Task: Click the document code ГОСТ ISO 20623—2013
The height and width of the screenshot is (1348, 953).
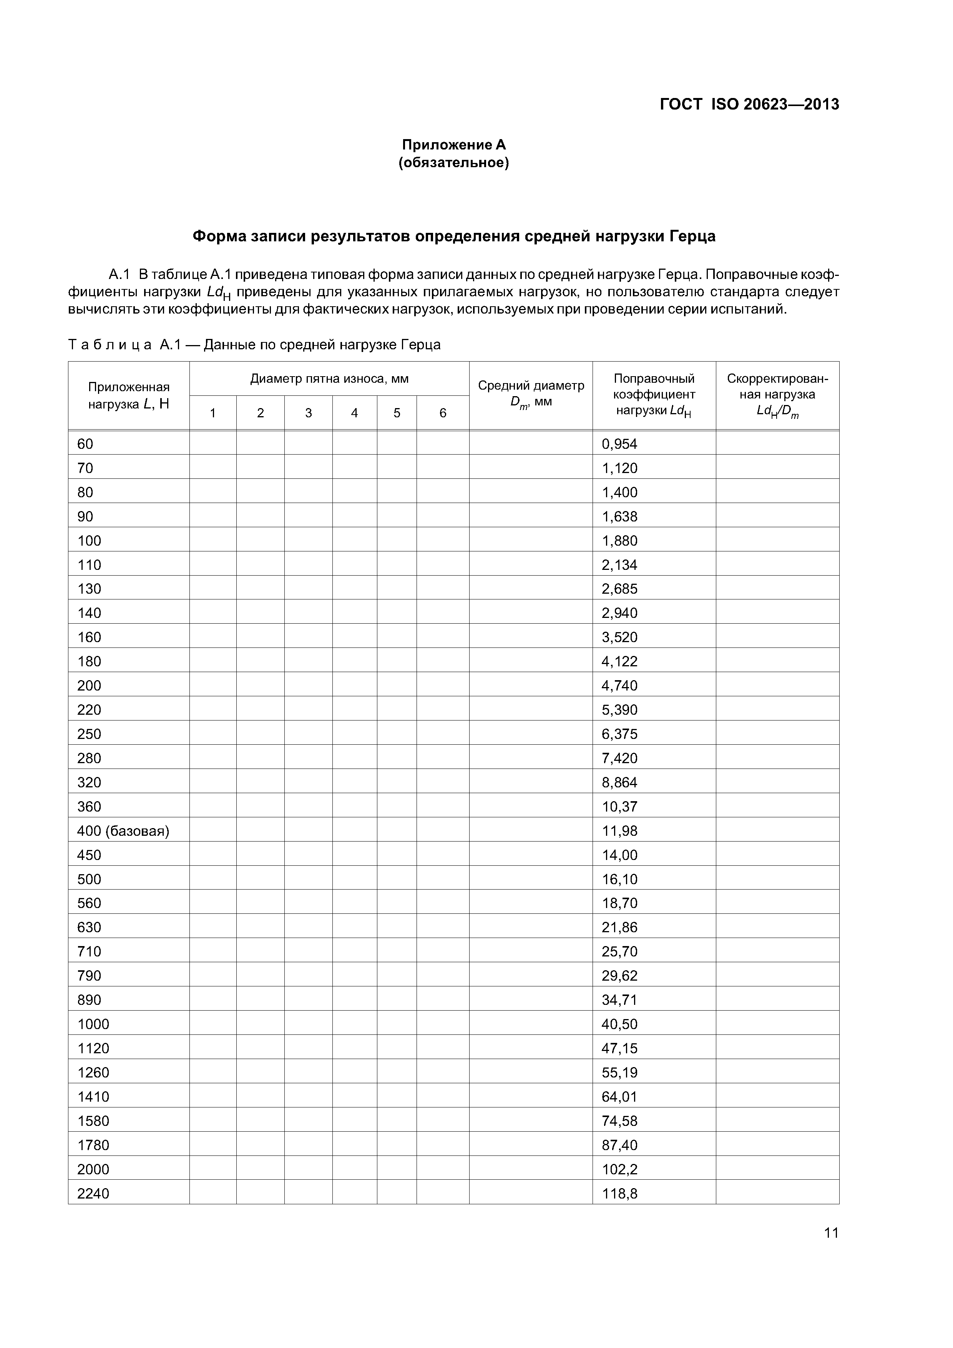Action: pyautogui.click(x=749, y=105)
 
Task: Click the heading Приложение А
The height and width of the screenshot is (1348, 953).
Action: pyautogui.click(x=453, y=144)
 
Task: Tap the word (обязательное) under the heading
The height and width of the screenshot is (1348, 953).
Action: pyautogui.click(x=453, y=163)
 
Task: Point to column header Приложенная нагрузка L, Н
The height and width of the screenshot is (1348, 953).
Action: pyautogui.click(x=129, y=395)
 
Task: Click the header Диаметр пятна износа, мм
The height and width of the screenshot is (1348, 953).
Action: pyautogui.click(x=329, y=379)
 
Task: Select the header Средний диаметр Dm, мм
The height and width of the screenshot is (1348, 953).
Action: pyautogui.click(x=531, y=393)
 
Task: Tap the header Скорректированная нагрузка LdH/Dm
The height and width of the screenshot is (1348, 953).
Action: pyautogui.click(x=777, y=395)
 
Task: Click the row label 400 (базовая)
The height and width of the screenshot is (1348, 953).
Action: pyautogui.click(x=123, y=831)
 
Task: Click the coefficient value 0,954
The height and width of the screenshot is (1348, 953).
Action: pyautogui.click(x=619, y=444)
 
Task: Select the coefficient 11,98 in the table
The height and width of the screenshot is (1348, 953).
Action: pyautogui.click(x=619, y=831)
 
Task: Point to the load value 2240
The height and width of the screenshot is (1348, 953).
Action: pyautogui.click(x=93, y=1194)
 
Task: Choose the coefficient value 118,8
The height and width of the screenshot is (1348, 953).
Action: pyautogui.click(x=619, y=1194)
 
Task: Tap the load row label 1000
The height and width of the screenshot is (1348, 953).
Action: pyautogui.click(x=93, y=1024)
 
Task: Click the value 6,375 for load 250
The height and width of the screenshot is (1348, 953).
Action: pyautogui.click(x=619, y=734)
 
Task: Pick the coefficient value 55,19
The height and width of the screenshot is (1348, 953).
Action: pyautogui.click(x=619, y=1072)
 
